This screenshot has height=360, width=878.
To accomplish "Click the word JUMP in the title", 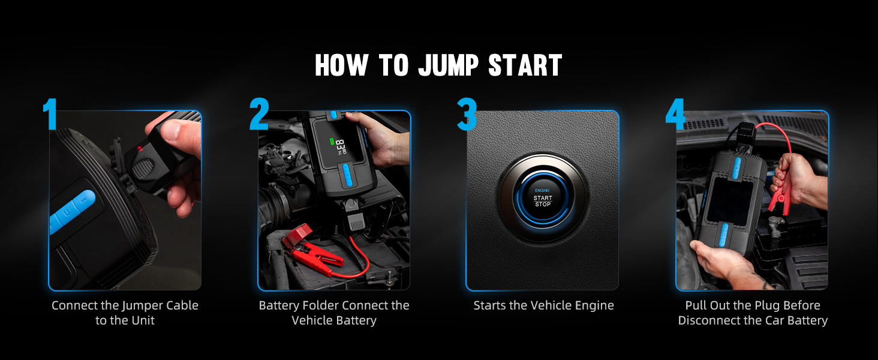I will [x=450, y=65].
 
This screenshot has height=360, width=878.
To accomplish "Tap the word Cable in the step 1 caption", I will [x=179, y=305].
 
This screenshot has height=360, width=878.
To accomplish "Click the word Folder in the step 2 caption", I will [x=324, y=305].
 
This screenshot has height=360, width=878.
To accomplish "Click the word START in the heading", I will [x=525, y=65].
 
